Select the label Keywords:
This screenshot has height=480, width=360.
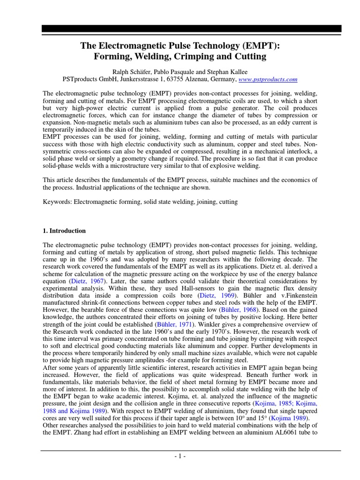57,202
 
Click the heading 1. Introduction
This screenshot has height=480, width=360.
64,231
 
